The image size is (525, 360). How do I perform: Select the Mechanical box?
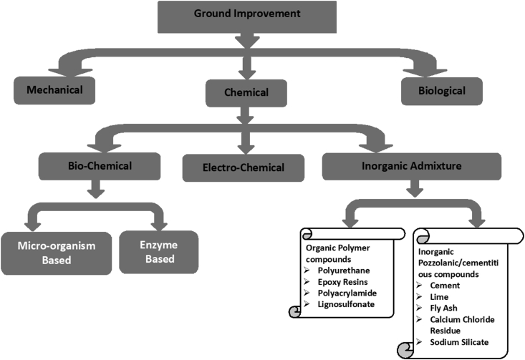tap(54, 91)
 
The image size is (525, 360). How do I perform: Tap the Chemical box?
tap(246, 92)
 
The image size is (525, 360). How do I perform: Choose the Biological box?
tap(442, 91)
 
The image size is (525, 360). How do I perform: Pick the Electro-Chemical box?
tap(244, 167)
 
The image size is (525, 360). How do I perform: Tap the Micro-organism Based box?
tap(55, 252)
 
